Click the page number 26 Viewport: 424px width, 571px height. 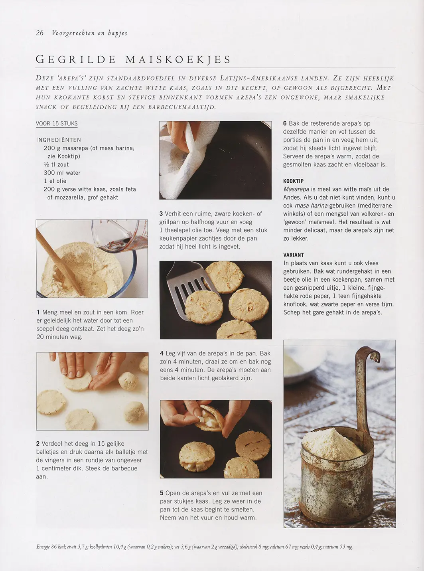click(x=40, y=33)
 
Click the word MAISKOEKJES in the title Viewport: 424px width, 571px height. click(x=178, y=59)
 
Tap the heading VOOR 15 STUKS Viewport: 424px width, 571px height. click(x=57, y=124)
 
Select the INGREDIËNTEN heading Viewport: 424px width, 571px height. click(x=59, y=140)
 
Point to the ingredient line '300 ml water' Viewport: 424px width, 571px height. click(x=62, y=173)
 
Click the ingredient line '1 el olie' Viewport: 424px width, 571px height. click(x=55, y=181)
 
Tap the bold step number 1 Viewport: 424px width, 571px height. click(x=38, y=312)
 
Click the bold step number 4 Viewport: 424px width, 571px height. click(x=162, y=354)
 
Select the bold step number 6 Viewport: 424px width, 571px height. click(x=285, y=123)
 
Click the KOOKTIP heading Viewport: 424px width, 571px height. click(x=293, y=181)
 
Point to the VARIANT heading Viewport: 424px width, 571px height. click(x=294, y=255)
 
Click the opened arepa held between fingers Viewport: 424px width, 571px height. click(x=209, y=418)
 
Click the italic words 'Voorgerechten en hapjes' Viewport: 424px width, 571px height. click(x=90, y=33)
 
